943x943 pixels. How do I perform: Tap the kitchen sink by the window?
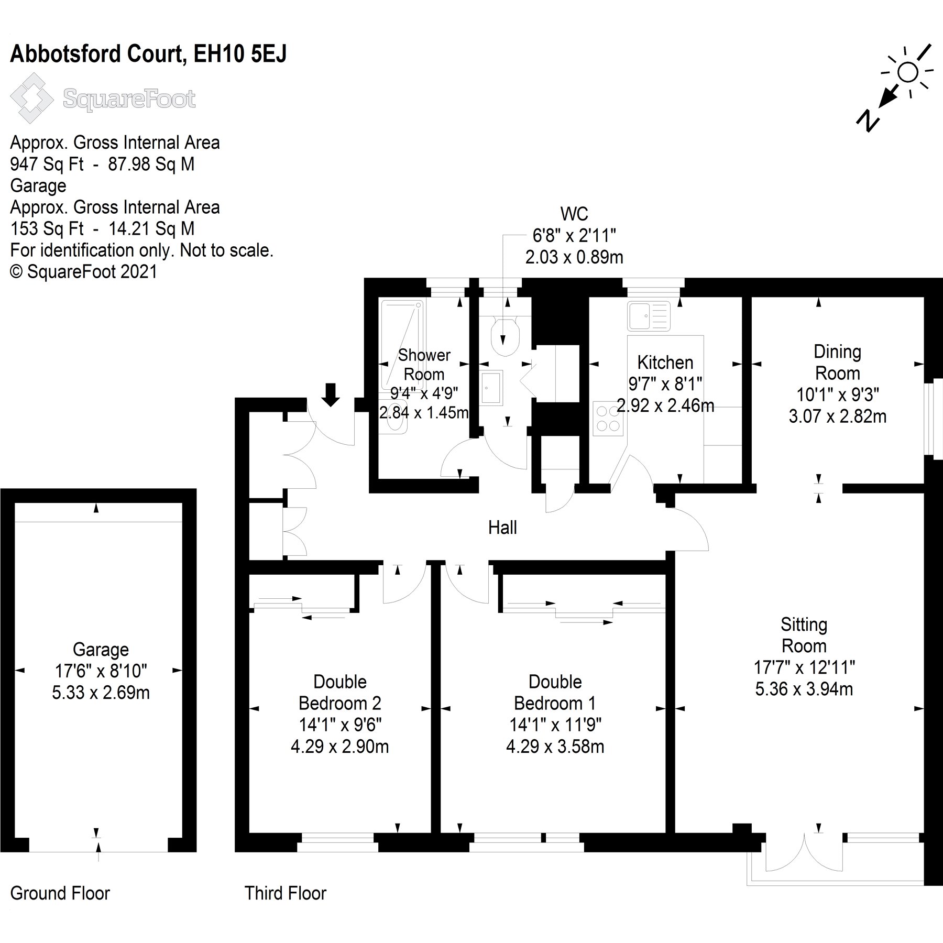pyautogui.click(x=649, y=316)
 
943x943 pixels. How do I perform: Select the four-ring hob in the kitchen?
pyautogui.click(x=608, y=418)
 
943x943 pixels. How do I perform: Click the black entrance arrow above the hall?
pyautogui.click(x=330, y=394)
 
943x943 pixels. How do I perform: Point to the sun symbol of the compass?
pyautogui.click(x=907, y=72)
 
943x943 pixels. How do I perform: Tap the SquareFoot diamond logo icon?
pyautogui.click(x=32, y=98)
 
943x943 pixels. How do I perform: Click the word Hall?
pyautogui.click(x=502, y=528)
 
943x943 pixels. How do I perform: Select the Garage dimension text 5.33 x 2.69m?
pyautogui.click(x=101, y=693)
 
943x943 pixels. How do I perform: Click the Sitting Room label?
pyautogui.click(x=804, y=635)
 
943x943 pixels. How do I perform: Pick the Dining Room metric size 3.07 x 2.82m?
pyautogui.click(x=837, y=416)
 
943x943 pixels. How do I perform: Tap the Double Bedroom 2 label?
pyautogui.click(x=340, y=692)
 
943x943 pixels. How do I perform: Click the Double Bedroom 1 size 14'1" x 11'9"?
pyautogui.click(x=555, y=725)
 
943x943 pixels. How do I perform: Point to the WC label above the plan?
pyautogui.click(x=574, y=214)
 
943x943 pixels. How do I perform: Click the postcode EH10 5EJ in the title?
pyautogui.click(x=240, y=54)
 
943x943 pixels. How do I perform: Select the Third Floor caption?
pyautogui.click(x=285, y=893)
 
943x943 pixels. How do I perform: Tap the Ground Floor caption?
pyautogui.click(x=60, y=893)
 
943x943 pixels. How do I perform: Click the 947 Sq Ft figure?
pyautogui.click(x=47, y=165)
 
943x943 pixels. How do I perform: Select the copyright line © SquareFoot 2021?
pyautogui.click(x=84, y=271)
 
